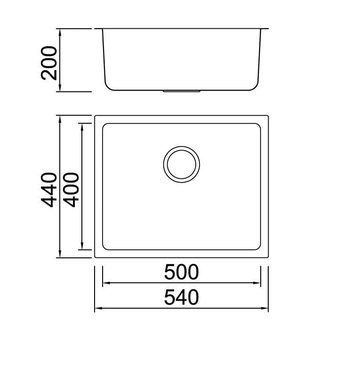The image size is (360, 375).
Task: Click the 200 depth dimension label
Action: coord(49,63)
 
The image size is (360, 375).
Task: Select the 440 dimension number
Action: coord(49,190)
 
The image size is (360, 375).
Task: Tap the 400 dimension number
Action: coord(71,190)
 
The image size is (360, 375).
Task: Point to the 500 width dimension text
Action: coord(181,272)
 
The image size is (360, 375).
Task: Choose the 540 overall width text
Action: coord(181,297)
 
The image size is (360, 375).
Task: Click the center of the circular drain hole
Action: coord(182,165)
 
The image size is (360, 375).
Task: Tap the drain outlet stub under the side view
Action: coord(181,91)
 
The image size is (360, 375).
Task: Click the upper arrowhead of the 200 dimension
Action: coord(60,32)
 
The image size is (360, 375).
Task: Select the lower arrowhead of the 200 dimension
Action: coord(60,88)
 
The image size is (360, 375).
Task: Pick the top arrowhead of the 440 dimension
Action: coord(60,120)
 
